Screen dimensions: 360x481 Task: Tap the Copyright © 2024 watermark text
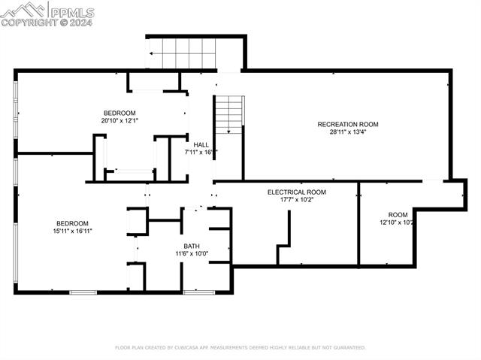[47, 23]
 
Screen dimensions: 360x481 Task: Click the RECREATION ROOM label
[347, 124]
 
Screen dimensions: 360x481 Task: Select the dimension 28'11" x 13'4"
[347, 132]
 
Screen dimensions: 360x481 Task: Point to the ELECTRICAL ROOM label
[296, 192]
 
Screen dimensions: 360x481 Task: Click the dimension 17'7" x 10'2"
[296, 200]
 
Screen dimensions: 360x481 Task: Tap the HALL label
[201, 144]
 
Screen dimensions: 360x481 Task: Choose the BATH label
[192, 246]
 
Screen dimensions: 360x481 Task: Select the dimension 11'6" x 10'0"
[192, 254]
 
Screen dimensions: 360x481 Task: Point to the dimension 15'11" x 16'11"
[72, 231]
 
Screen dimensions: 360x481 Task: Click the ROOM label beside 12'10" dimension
[398, 215]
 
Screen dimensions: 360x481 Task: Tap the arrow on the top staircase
[153, 53]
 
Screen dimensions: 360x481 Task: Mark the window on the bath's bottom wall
[198, 292]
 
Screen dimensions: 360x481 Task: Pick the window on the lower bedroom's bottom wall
[83, 292]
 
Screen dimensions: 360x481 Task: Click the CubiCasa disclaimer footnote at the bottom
[240, 348]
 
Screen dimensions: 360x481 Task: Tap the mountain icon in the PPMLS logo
[23, 9]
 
